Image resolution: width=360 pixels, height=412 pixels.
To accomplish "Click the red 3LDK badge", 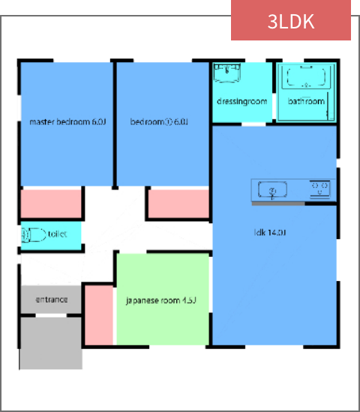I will [291, 20].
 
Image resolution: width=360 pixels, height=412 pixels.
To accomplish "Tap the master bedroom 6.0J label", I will [67, 122].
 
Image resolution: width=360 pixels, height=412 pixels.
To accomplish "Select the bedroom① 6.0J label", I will [158, 122].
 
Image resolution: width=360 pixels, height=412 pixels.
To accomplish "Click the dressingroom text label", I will [241, 101].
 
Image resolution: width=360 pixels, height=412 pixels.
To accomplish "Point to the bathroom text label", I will [307, 101].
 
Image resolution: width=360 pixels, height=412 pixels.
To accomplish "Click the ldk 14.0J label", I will [271, 233].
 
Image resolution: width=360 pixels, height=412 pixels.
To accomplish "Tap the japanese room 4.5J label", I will [160, 301].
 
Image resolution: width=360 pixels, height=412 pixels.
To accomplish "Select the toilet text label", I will [57, 234].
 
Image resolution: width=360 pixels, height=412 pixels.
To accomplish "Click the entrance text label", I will [52, 300].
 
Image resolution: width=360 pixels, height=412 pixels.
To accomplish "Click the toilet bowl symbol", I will [33, 234].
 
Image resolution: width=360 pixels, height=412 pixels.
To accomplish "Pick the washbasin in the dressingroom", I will [226, 74].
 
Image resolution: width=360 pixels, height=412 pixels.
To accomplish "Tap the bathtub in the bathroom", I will [307, 79].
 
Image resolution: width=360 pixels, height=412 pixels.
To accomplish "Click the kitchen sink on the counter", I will [273, 190].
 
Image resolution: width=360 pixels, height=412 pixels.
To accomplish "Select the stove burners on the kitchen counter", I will [321, 189].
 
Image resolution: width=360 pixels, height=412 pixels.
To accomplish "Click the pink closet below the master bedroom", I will [51, 204].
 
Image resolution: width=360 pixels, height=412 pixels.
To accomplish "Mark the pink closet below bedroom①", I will [178, 204].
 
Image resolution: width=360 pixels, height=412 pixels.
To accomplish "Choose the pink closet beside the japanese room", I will [98, 315].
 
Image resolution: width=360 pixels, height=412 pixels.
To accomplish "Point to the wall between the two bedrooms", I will [114, 124].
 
